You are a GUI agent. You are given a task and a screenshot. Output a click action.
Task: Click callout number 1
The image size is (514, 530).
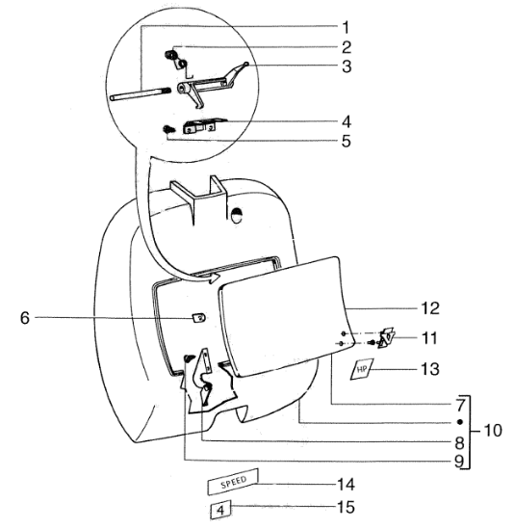point(346,27)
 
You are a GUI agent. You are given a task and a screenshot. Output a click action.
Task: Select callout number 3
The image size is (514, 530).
point(347,66)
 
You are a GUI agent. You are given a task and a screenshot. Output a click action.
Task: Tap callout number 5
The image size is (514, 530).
point(347,141)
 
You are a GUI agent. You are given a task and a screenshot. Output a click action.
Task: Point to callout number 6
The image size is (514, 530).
point(25,318)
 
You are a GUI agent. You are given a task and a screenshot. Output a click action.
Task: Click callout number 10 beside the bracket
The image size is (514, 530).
point(493,431)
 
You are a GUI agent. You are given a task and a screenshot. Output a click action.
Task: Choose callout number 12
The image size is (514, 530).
point(430,308)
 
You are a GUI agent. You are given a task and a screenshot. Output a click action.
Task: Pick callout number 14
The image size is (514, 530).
point(347,485)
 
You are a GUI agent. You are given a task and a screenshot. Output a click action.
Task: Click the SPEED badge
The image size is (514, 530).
point(233,482)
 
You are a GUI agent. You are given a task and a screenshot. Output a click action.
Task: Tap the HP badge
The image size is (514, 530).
point(362,369)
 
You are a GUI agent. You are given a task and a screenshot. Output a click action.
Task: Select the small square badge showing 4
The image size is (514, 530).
point(220,510)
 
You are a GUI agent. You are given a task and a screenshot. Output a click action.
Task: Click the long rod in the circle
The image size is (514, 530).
point(141,93)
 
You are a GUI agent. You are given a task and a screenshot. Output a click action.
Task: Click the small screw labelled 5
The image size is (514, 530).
point(167,129)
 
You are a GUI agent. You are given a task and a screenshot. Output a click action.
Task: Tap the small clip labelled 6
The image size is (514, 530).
point(199,318)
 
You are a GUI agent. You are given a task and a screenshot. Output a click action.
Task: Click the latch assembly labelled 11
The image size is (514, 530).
point(385,337)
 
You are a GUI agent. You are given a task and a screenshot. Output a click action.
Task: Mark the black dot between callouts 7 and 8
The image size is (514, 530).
point(460,422)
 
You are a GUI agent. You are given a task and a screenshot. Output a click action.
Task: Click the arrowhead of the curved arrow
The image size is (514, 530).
point(214,278)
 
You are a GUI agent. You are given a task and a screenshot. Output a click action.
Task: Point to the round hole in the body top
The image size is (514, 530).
point(237,215)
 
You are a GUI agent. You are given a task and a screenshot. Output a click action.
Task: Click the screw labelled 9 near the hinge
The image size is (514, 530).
point(190,358)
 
